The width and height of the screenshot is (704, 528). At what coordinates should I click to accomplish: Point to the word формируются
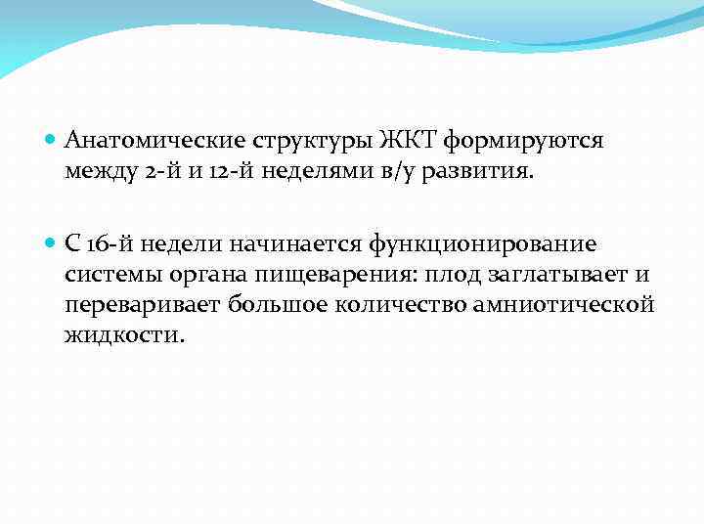coord(523,142)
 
